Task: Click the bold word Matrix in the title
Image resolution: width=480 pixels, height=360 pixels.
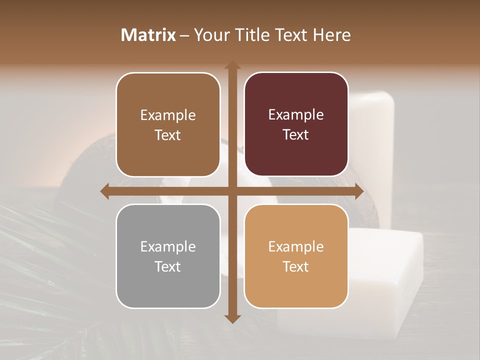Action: point(148,35)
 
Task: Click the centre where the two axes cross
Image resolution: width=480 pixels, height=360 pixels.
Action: point(232,191)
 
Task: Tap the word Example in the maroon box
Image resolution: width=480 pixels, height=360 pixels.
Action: point(296,114)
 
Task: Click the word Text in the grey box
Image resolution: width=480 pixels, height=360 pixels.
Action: point(167,266)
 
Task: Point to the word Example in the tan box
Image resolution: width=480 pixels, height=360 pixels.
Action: point(296,246)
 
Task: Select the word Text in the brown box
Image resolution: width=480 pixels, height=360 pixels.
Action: point(167,135)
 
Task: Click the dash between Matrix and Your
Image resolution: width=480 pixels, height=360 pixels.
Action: point(184,35)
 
